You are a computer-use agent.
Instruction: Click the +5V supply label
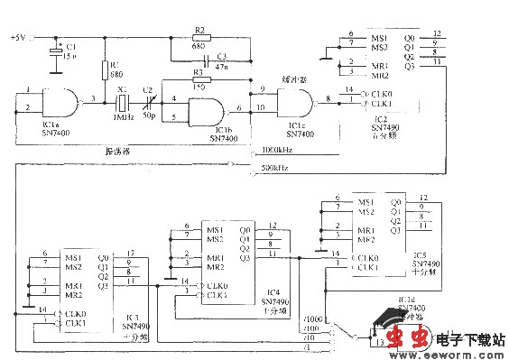pyautogui.click(x=19, y=38)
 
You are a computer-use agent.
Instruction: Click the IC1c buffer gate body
pyautogui.click(x=299, y=101)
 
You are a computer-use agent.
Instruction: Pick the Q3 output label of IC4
pyautogui.click(x=245, y=259)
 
